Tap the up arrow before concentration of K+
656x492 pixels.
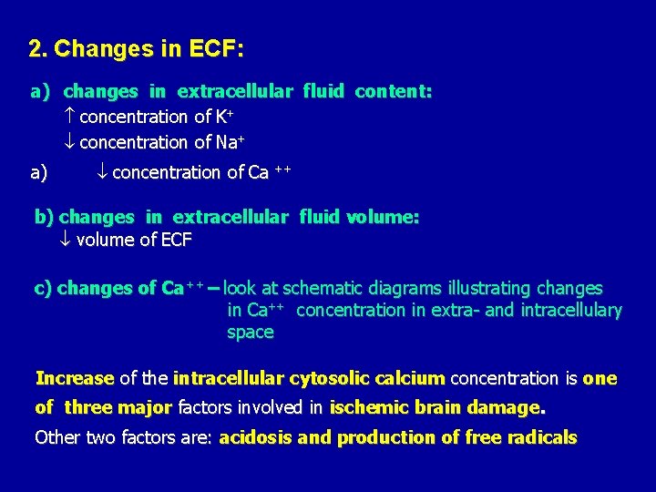tap(71, 117)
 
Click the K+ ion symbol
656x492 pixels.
tap(220, 116)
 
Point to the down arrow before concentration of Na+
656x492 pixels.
tap(71, 142)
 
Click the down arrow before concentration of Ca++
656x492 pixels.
tap(103, 172)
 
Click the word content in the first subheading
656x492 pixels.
tap(393, 92)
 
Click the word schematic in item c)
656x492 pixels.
tap(320, 288)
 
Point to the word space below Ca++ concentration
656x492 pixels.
tap(250, 333)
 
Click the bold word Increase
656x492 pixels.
tap(74, 378)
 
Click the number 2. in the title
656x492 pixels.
tap(37, 48)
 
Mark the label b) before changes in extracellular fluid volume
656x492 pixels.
tap(45, 217)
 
